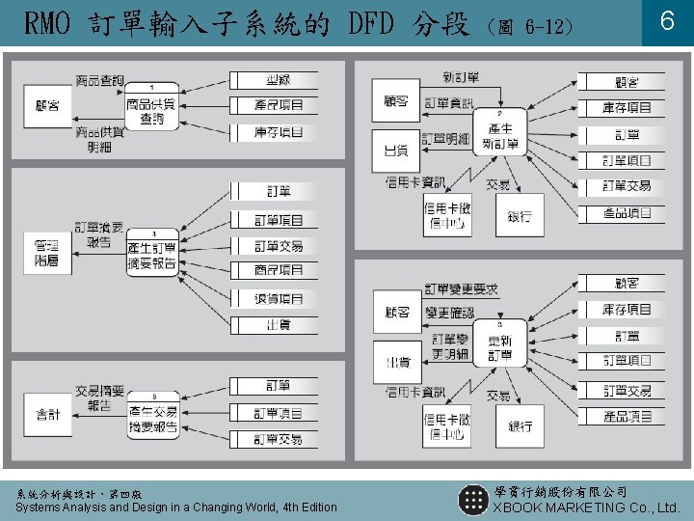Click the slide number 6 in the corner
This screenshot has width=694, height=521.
[666, 22]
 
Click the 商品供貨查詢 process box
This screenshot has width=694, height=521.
[152, 108]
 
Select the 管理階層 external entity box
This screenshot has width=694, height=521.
[45, 253]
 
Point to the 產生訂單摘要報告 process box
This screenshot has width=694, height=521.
[152, 253]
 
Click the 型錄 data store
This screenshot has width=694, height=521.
[279, 79]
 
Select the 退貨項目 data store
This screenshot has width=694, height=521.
[279, 298]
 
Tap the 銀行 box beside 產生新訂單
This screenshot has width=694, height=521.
[520, 215]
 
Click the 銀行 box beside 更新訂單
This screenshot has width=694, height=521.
[520, 425]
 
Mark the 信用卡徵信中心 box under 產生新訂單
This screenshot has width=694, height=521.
[445, 216]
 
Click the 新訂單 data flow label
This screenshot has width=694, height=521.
[461, 76]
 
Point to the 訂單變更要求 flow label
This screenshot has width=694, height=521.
[462, 288]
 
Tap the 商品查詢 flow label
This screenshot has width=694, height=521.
[99, 79]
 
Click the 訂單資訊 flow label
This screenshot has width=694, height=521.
[449, 102]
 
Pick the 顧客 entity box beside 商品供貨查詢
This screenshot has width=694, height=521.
[45, 106]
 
